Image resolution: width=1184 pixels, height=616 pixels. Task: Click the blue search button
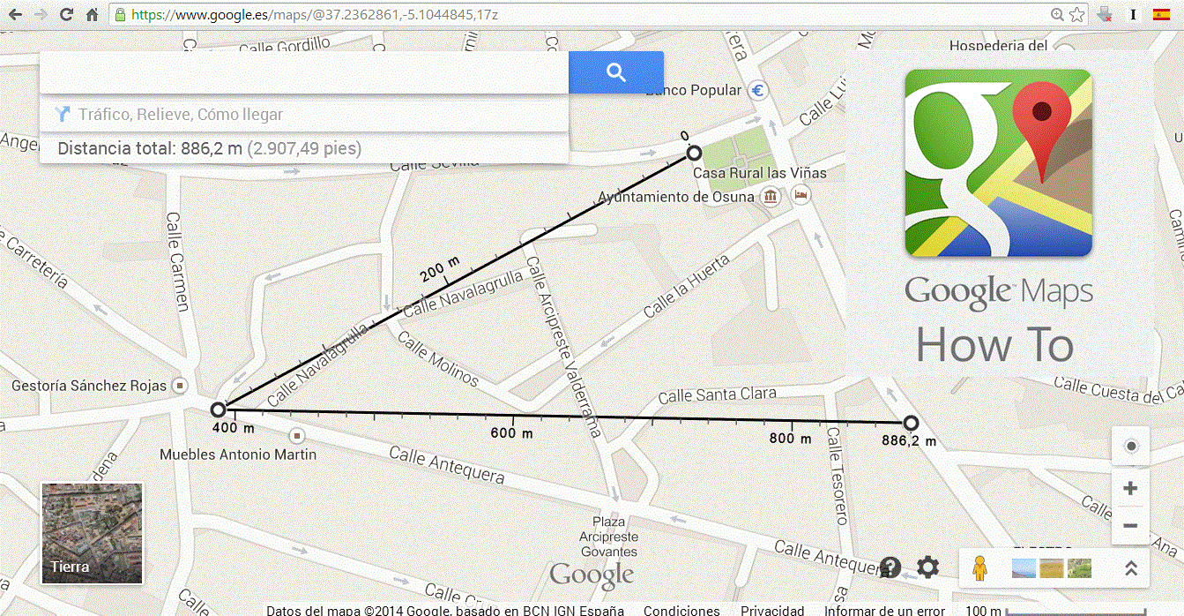pos(615,72)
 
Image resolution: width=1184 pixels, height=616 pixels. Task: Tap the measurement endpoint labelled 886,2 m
pos(911,424)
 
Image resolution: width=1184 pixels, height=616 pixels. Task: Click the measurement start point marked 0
pos(695,154)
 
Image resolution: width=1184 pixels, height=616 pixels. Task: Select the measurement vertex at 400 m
pos(219,409)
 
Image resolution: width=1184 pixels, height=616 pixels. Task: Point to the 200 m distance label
pos(440,270)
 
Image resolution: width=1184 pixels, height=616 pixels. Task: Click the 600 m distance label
pos(511,433)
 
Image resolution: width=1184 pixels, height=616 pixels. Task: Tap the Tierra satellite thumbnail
pos(92,533)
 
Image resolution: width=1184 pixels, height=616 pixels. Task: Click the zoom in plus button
pos(1130,489)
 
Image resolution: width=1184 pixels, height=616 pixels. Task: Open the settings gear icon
pos(927,567)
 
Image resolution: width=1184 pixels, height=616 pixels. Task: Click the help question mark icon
pos(890,567)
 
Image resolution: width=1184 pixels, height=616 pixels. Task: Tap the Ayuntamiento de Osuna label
pos(676,197)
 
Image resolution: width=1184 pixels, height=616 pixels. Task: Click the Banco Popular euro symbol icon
pos(757,90)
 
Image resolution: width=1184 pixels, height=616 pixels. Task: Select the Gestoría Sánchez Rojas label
pos(89,386)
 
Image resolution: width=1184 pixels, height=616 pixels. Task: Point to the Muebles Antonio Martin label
pos(237,454)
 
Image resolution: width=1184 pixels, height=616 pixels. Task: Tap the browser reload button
pos(66,14)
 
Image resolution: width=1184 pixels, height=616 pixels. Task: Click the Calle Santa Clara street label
pos(717,394)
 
